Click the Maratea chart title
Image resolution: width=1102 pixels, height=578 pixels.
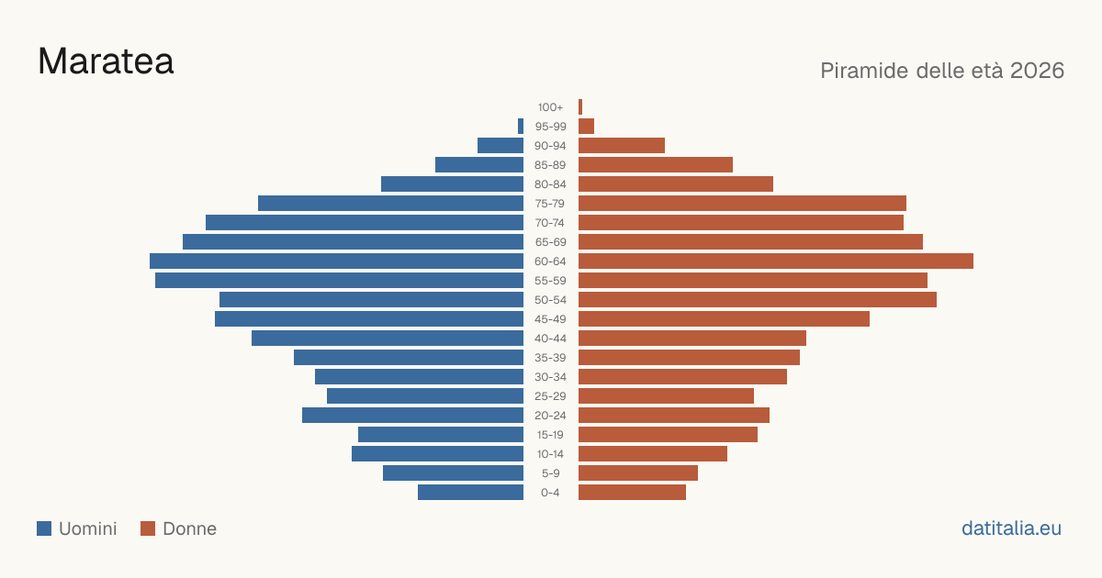coord(106,61)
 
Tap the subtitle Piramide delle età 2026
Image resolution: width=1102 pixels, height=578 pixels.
coord(942,71)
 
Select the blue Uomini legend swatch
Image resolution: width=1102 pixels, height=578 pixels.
coord(44,528)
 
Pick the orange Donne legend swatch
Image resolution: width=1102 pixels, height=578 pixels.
coord(148,528)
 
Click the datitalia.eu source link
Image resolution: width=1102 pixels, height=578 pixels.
coord(1011,528)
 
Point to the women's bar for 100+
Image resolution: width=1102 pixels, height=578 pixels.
coord(580,107)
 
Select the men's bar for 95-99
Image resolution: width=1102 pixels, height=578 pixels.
coord(521,127)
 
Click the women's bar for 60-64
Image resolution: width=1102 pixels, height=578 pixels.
coord(776,261)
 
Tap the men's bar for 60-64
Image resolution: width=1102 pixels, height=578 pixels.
coord(336,261)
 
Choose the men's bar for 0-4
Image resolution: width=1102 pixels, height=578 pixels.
coord(471,493)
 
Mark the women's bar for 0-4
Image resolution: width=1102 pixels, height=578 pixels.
coord(632,493)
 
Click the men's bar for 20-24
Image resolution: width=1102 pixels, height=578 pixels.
coord(412,416)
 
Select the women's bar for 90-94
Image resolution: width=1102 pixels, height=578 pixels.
coord(622,146)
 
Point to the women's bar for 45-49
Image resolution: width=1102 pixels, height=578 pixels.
coord(725,319)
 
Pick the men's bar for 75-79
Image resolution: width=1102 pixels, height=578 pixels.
coord(390,204)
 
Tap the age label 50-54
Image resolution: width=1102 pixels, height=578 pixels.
coord(550,300)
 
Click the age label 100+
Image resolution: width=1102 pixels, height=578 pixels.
coord(550,107)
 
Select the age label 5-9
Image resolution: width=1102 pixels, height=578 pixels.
coord(550,473)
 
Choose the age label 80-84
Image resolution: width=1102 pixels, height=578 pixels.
coord(550,184)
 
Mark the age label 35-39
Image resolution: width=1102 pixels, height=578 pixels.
coord(550,358)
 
